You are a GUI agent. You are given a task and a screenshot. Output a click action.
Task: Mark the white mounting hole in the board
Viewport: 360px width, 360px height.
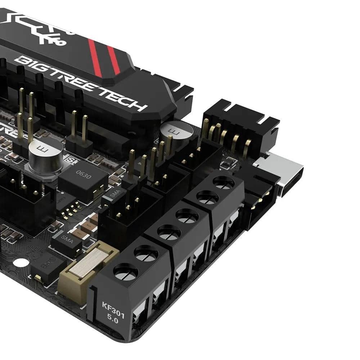(21, 262)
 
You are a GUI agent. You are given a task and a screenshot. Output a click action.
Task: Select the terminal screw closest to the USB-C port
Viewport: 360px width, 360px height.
(224, 183)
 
